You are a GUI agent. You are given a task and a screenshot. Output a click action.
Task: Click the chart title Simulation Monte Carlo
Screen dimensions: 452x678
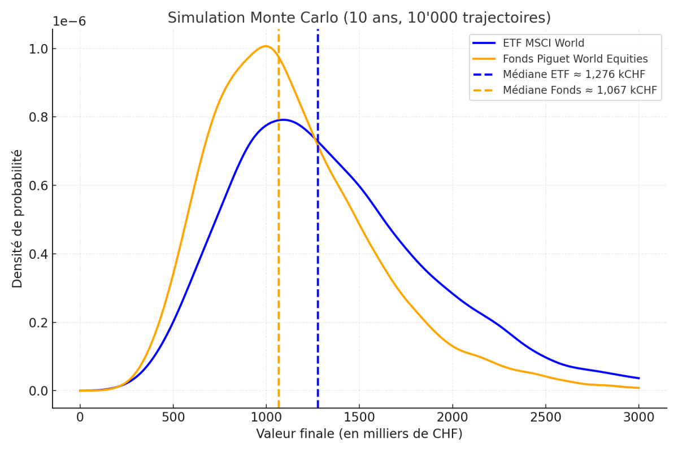[x=359, y=18]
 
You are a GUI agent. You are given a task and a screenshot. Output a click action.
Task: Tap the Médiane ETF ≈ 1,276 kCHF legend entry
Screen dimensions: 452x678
[x=574, y=74]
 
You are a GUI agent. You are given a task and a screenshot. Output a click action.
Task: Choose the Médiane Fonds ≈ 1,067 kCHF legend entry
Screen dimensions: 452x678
[x=580, y=90]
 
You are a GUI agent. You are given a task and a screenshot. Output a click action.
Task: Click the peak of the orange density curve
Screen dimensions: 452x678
[x=266, y=46]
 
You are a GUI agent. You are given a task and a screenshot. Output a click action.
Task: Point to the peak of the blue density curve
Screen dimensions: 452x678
[x=284, y=120]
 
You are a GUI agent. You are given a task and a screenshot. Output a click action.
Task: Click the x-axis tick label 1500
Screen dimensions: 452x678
[x=359, y=418]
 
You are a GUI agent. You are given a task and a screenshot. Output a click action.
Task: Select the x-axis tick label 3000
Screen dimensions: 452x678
[x=638, y=418]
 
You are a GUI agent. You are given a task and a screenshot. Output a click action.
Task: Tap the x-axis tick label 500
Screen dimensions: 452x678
[x=173, y=418]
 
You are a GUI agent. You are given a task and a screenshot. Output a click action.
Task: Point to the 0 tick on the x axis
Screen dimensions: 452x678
[x=80, y=418]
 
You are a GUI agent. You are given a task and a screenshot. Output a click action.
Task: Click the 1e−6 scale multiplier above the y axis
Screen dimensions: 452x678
[x=69, y=21]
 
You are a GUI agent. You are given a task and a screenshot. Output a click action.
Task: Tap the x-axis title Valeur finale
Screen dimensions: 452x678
[x=359, y=434]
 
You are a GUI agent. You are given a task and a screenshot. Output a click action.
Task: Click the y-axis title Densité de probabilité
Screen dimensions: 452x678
[x=18, y=218]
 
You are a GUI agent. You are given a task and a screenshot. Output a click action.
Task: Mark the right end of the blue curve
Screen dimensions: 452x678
[x=639, y=378]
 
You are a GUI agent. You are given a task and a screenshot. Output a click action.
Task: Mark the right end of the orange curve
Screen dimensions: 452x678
[x=639, y=388]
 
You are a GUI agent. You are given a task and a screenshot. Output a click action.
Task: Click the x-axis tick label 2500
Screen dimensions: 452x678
[x=545, y=418]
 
